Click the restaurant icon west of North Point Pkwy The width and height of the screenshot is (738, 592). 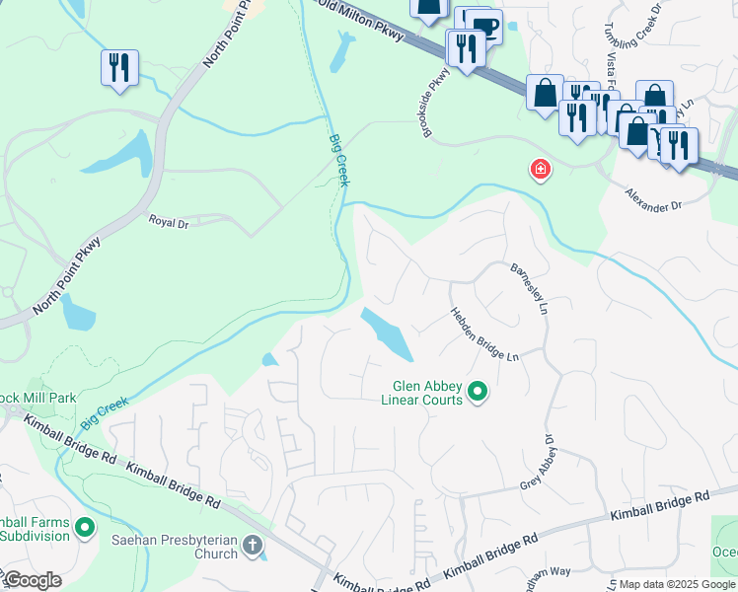[118, 68]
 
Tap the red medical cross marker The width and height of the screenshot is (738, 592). [540, 170]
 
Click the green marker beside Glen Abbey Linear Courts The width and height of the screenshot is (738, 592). [478, 393]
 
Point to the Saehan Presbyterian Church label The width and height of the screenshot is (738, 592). [187, 546]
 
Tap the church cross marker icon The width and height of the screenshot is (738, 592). [253, 545]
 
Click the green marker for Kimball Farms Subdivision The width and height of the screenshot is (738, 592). [85, 528]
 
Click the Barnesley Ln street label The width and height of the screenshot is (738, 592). [529, 288]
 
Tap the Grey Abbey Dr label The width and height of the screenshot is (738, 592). [547, 463]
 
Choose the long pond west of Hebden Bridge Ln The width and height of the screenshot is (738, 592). [388, 333]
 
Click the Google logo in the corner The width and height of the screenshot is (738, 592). [33, 580]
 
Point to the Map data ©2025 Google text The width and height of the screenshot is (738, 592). [677, 584]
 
